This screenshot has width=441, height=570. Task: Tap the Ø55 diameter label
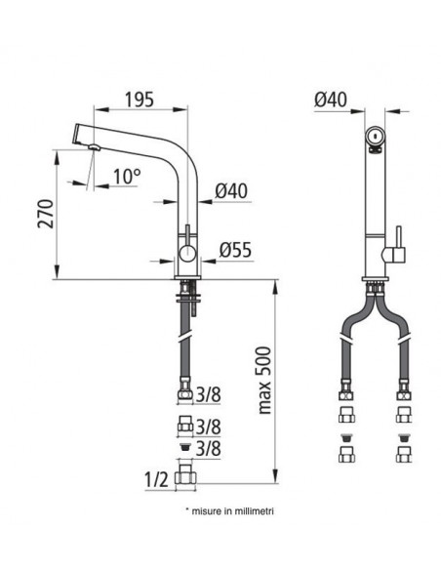236,250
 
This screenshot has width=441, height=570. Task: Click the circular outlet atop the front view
373,137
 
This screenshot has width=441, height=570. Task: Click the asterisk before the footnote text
186,509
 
